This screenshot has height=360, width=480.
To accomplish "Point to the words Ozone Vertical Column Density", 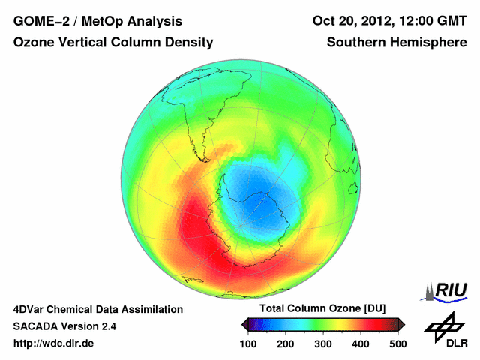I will coord(112,43).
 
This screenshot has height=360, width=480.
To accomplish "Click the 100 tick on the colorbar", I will coord(247,343).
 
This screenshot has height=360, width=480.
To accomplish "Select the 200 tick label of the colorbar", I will coord(285,343).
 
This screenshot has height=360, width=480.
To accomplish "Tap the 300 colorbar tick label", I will coord(322,343).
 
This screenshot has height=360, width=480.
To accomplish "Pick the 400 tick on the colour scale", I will coord(360,343).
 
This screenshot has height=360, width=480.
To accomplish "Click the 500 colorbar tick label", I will coord(397,343).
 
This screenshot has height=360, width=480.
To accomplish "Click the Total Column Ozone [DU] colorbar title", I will coord(322,309).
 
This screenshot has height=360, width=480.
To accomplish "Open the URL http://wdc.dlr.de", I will coord(54,343).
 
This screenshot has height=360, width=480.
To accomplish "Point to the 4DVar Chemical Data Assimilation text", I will coord(97,309).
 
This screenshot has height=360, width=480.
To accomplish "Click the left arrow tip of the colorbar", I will coord(244,324).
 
